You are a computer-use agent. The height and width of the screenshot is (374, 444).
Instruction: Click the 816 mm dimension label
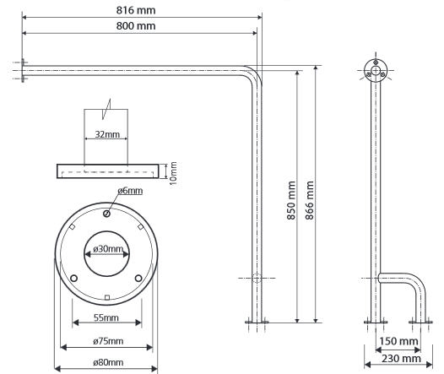click(x=136, y=10)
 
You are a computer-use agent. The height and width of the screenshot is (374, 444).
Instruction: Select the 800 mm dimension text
click(x=136, y=26)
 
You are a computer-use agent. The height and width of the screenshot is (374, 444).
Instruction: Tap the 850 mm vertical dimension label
click(x=291, y=200)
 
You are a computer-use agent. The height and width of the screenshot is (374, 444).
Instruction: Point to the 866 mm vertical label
click(x=310, y=200)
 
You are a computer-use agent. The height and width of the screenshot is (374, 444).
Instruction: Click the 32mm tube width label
click(x=107, y=134)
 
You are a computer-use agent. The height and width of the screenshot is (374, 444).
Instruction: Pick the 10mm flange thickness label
click(x=173, y=173)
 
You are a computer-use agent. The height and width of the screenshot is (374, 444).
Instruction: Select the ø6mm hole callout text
click(x=130, y=191)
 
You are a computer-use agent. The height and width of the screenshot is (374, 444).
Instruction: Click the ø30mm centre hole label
click(x=108, y=249)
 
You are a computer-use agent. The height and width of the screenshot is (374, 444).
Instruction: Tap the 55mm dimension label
click(x=106, y=317)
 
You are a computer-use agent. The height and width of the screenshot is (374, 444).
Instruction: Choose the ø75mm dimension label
click(x=108, y=341)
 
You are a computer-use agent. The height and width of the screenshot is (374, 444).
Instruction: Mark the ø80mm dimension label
click(x=108, y=362)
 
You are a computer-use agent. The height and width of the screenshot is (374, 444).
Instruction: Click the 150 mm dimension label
click(x=398, y=341)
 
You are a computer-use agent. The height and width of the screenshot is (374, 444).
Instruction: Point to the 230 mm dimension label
click(x=401, y=359)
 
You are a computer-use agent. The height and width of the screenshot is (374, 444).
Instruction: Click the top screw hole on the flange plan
click(x=106, y=214)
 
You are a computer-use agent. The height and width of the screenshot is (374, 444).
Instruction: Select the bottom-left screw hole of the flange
click(x=73, y=278)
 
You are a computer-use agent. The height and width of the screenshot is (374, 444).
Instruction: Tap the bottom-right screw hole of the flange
click(x=138, y=278)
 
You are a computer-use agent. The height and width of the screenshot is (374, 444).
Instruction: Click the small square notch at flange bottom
click(x=106, y=297)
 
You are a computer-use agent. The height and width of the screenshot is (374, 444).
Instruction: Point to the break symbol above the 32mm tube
click(x=106, y=109)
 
